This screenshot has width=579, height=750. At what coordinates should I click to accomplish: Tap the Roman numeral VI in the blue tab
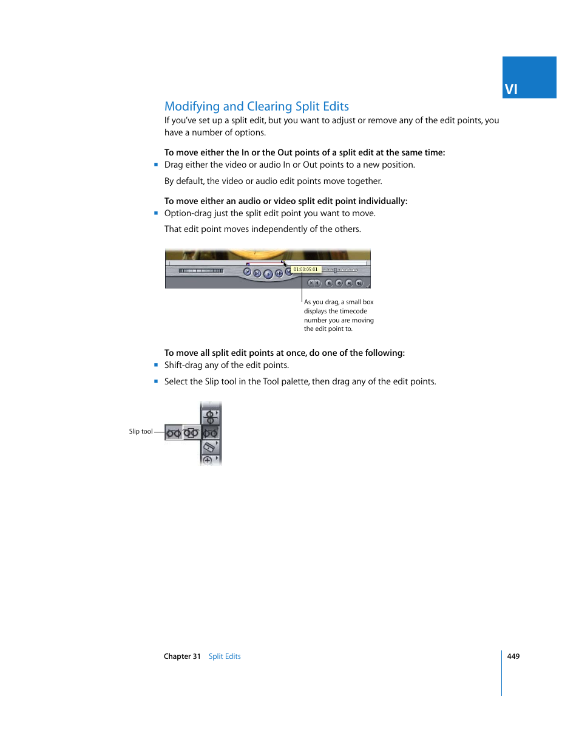click(511, 89)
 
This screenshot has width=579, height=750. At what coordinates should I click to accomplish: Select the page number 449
click(513, 656)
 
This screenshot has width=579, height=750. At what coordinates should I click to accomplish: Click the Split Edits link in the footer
click(225, 656)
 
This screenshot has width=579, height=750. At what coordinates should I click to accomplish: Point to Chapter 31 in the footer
click(182, 656)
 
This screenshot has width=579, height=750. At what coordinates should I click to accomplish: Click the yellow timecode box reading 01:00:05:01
click(306, 269)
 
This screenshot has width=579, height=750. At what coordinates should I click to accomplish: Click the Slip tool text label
click(140, 432)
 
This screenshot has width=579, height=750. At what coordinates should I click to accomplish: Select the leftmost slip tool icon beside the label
click(174, 433)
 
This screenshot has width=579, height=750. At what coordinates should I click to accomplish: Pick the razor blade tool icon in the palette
click(210, 448)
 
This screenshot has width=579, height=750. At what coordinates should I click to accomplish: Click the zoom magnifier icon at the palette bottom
click(208, 460)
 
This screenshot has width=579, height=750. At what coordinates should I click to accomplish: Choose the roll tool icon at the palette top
click(210, 417)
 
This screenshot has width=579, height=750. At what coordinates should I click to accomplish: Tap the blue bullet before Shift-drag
click(156, 365)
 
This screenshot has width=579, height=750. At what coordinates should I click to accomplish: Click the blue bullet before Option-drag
click(156, 213)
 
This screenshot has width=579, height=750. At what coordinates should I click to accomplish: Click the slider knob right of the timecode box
click(335, 270)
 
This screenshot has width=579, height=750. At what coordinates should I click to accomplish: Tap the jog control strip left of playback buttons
click(201, 271)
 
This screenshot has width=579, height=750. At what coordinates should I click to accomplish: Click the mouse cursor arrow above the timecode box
click(285, 264)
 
